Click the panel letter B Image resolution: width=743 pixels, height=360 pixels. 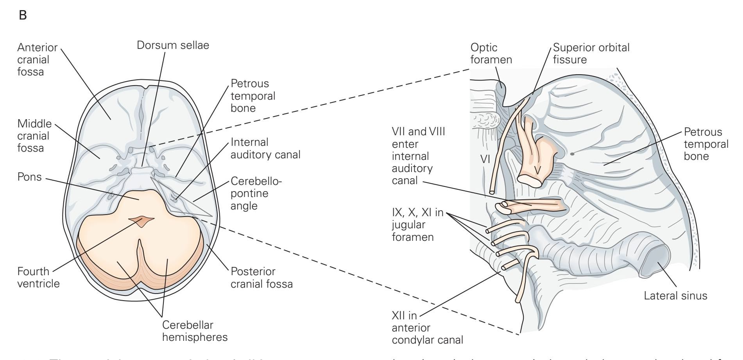(23, 17)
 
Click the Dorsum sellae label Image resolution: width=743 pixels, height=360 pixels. (173, 45)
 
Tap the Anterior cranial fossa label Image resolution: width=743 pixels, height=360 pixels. (37, 60)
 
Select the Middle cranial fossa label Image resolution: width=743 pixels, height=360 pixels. (34, 136)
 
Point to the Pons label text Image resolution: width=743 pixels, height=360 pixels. (29, 177)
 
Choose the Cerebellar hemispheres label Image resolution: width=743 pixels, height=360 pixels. (195, 331)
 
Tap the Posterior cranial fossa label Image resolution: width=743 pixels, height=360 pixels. (261, 277)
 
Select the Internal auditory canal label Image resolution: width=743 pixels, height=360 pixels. (265, 148)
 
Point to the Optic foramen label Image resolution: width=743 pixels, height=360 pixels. (491, 54)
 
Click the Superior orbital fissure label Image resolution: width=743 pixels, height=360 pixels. (591, 54)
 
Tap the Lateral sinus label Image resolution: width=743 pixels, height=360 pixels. (675, 296)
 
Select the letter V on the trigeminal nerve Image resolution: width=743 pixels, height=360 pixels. (538, 170)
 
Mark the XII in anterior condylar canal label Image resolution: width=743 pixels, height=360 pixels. (427, 328)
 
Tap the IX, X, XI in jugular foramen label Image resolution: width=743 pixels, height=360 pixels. (417, 225)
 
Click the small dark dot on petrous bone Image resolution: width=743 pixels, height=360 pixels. (573, 154)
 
